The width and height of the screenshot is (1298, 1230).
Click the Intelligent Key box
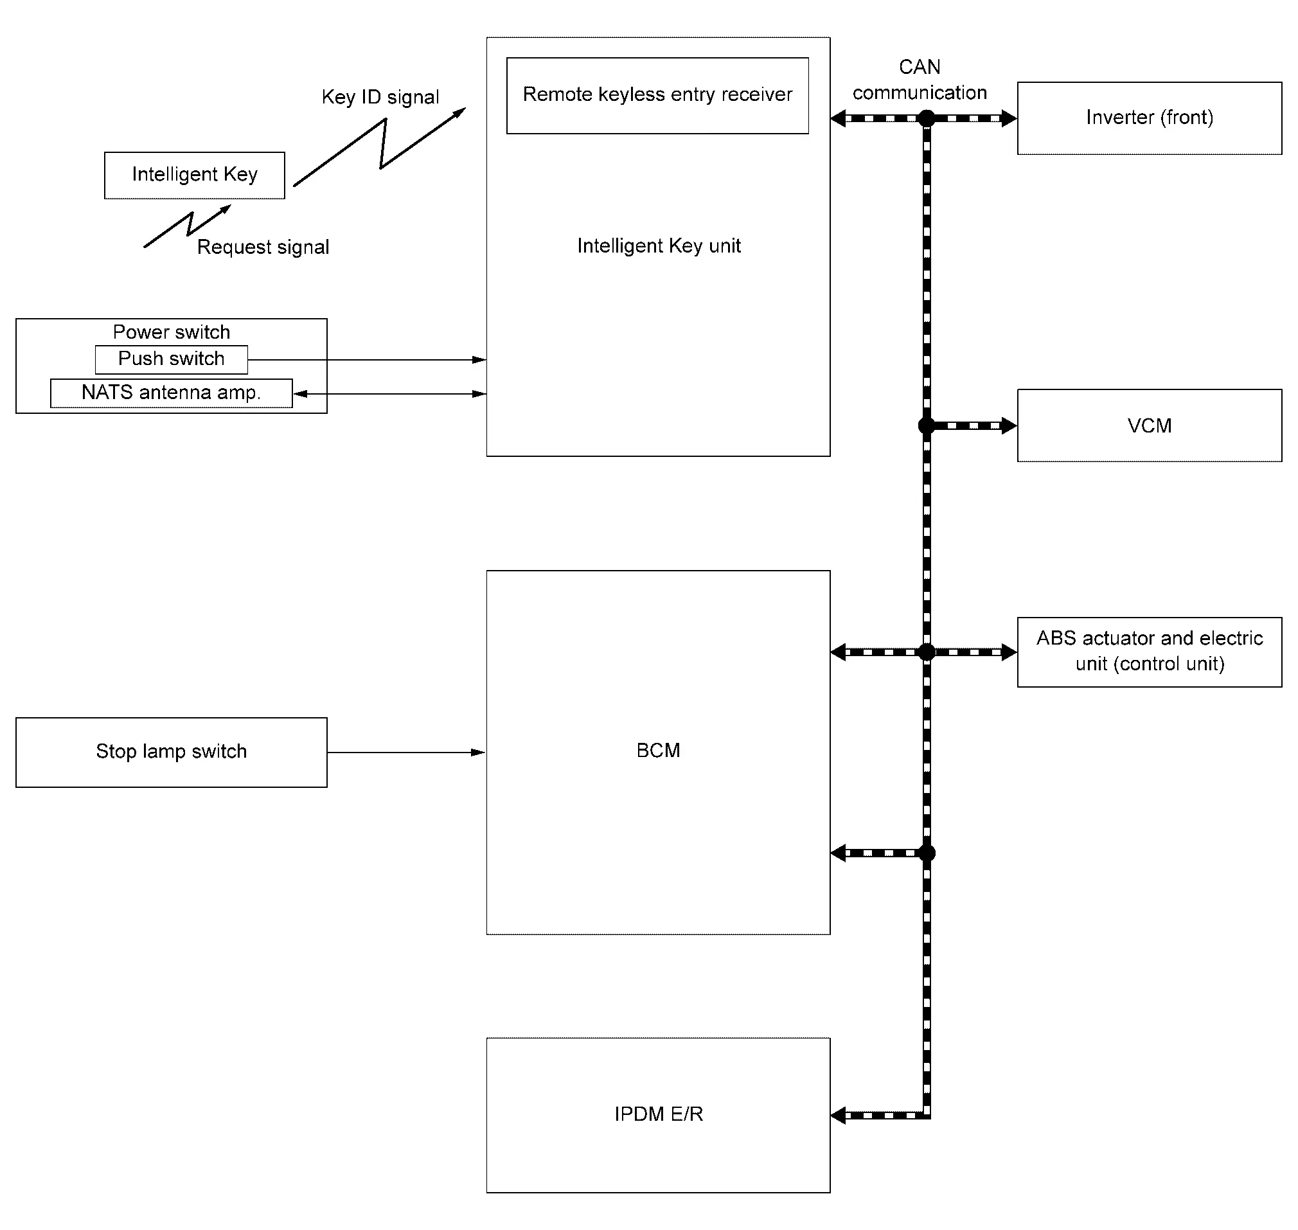click(x=195, y=175)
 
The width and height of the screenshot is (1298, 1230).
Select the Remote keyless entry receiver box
click(x=657, y=96)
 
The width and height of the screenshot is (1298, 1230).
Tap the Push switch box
click(x=171, y=359)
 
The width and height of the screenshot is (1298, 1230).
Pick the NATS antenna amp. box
click(x=171, y=393)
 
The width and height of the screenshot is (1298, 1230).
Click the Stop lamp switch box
click(x=171, y=752)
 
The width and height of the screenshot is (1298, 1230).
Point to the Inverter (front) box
click(x=1149, y=118)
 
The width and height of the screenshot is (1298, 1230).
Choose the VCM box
click(x=1149, y=425)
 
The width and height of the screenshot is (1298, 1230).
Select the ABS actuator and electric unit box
click(x=1149, y=652)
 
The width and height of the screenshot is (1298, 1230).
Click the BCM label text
click(x=658, y=750)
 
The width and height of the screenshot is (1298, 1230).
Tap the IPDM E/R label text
click(x=658, y=1114)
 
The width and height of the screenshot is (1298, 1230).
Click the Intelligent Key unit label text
click(x=659, y=246)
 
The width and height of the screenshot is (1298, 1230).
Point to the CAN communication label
click(x=920, y=79)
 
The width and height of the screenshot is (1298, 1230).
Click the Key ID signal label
click(x=380, y=97)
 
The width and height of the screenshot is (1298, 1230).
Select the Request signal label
click(x=263, y=247)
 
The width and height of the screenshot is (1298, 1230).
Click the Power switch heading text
click(x=171, y=332)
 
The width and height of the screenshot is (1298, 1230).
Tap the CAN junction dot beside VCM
click(x=927, y=426)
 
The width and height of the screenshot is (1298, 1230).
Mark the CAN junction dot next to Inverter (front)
click(x=927, y=119)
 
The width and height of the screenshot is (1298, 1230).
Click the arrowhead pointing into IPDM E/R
click(x=838, y=1115)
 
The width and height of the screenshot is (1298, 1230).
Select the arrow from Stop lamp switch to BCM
click(x=407, y=753)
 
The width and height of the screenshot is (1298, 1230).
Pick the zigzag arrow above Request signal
click(x=188, y=226)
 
